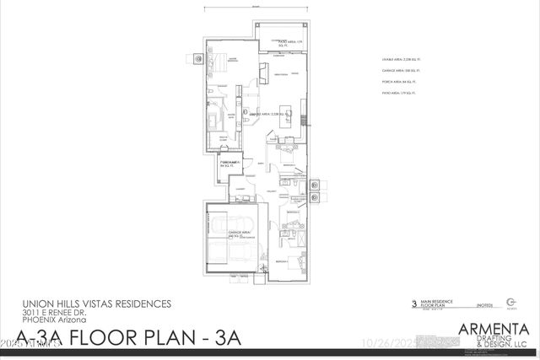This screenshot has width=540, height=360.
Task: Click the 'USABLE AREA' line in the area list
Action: point(398,60)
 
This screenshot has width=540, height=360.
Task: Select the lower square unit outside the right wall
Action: point(314,198)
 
